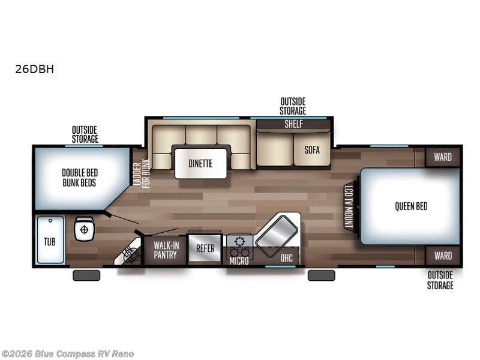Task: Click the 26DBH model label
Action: [x=35, y=69]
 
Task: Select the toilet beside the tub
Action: [x=85, y=229]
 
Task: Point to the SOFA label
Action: [x=312, y=150]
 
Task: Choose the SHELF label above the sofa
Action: [x=293, y=125]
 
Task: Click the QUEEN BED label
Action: [x=411, y=206]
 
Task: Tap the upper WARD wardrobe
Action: [x=443, y=157]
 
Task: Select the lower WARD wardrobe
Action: [x=443, y=256]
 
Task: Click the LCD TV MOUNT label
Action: [x=348, y=206]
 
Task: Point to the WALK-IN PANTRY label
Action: [x=165, y=250]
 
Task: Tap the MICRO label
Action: [x=239, y=261]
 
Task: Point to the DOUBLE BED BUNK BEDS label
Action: [x=79, y=178]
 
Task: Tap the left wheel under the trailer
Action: [x=86, y=275]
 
